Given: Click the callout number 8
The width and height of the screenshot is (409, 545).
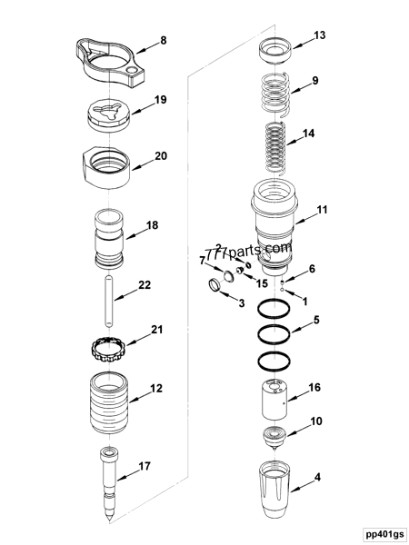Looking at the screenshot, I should click(x=164, y=40).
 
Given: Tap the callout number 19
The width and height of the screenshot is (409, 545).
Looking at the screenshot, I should click(x=160, y=100).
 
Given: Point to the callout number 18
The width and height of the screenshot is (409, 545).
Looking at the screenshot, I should click(x=152, y=224).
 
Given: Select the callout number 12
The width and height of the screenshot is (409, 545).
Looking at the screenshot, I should click(x=156, y=388).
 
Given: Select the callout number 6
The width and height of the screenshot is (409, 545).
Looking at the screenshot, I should click(x=313, y=269).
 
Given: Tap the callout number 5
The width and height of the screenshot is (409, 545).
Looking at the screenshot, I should click(x=316, y=320).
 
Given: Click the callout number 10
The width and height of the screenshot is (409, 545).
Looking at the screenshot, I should click(x=317, y=421).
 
